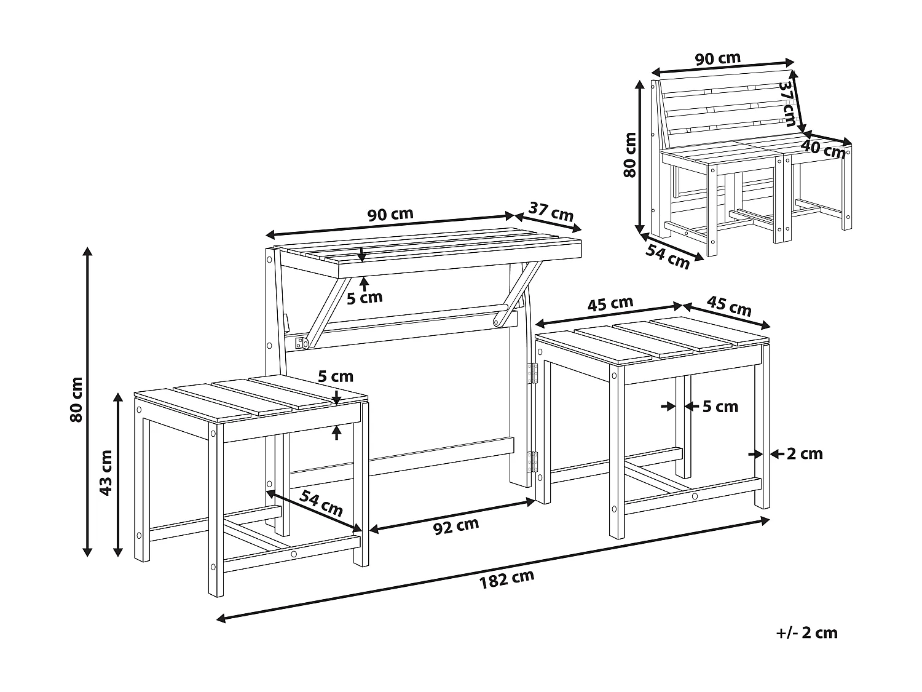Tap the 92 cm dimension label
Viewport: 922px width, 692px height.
tap(455, 527)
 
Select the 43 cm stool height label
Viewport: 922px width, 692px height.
tap(106, 473)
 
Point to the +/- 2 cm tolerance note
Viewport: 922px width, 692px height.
tap(806, 632)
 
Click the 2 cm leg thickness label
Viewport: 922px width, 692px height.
tap(805, 454)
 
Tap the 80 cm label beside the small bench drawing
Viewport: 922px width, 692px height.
tap(630, 155)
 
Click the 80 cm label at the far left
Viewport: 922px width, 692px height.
tap(76, 400)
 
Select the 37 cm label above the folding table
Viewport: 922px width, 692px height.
tap(551, 212)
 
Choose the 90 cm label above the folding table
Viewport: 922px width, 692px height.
tap(390, 215)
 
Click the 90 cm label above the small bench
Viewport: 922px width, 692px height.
tap(717, 58)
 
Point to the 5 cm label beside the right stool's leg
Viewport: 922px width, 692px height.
tap(720, 407)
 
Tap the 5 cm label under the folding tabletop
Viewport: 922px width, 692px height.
tap(364, 298)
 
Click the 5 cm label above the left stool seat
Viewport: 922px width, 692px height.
tap(336, 376)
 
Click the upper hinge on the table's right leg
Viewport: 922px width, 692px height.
tap(532, 374)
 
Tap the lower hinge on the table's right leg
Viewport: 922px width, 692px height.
tap(532, 461)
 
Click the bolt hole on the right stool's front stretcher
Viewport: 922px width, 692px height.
tap(695, 496)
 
